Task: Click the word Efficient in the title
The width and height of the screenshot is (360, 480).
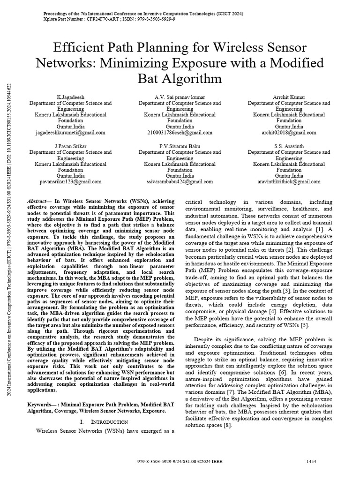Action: point(82,48)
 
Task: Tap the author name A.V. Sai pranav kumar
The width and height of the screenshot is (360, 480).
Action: point(180,97)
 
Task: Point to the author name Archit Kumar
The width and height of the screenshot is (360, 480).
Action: point(289,97)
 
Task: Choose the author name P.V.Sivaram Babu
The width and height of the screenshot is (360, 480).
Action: point(180,146)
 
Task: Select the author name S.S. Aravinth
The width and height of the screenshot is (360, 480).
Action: point(289,146)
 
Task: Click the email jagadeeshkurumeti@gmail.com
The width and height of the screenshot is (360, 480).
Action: point(70,133)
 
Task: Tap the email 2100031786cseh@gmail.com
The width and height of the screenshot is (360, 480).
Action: point(180,133)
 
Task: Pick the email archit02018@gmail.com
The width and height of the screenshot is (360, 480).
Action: point(289,133)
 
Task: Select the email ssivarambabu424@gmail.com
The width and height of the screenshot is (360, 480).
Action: point(180,181)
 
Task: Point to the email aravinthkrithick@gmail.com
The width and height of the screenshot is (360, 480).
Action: point(289,181)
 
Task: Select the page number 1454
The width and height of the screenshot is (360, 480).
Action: point(312,462)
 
